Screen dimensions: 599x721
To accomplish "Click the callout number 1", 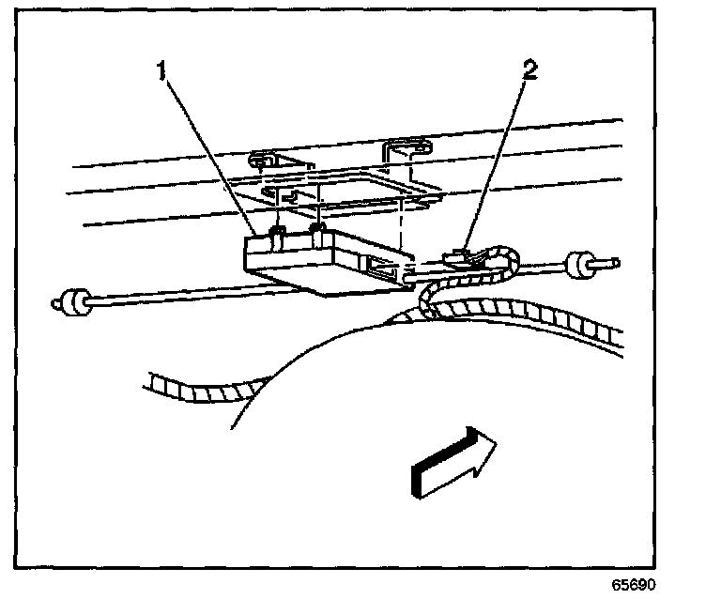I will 162,71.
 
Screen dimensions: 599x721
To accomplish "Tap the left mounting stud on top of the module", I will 277,231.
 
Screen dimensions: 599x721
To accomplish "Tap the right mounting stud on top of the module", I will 319,228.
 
